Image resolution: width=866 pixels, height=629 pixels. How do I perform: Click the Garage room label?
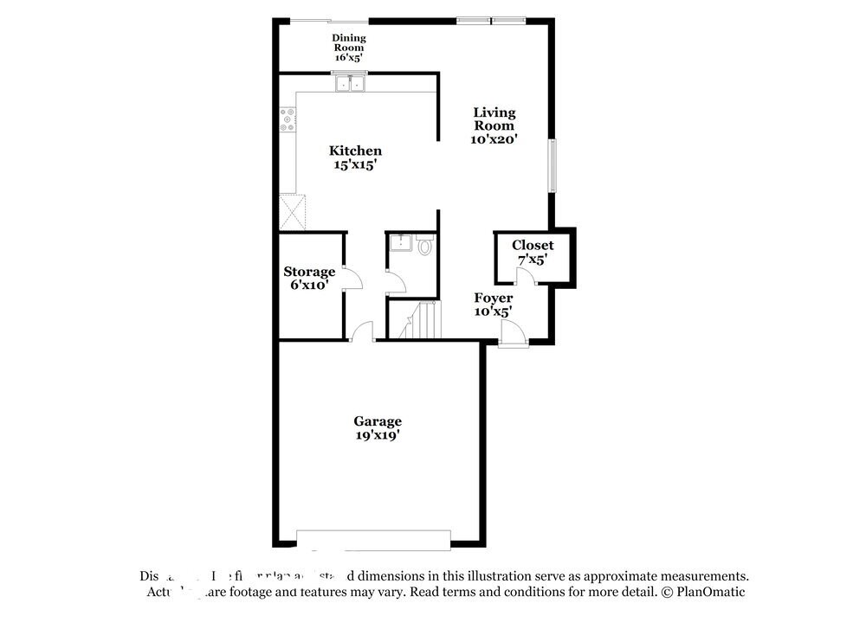(x=377, y=421)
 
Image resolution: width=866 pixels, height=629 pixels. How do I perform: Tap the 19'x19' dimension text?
(x=377, y=435)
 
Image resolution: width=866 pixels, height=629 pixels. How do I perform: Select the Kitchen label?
(x=355, y=151)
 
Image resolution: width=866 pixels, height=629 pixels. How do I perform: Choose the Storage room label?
(x=309, y=272)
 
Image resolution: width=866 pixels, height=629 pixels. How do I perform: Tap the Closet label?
(x=532, y=246)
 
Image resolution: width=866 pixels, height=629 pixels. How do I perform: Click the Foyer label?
(x=493, y=298)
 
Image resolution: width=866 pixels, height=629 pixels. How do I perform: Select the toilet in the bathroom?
(x=424, y=247)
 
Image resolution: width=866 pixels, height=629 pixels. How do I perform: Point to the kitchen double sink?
(x=350, y=84)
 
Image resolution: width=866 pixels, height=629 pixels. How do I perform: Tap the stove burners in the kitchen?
(x=287, y=120)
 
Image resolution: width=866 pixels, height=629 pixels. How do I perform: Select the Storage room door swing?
(x=352, y=278)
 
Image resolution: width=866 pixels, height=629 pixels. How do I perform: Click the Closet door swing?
(x=524, y=276)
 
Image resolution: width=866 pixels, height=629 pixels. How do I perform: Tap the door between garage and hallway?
(x=362, y=331)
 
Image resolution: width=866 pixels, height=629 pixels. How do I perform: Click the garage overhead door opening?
(x=373, y=539)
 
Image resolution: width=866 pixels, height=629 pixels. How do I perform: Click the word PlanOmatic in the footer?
(x=709, y=592)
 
